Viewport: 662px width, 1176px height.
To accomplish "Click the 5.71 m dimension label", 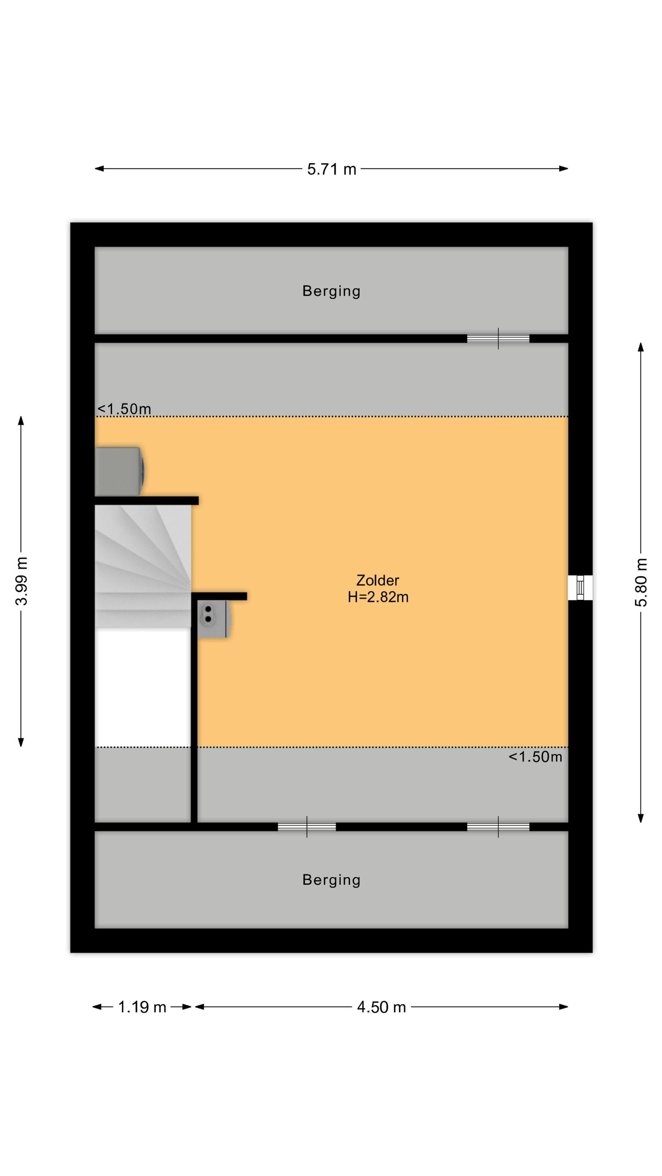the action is pyautogui.click(x=331, y=169).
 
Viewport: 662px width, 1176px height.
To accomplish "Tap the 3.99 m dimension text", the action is pyautogui.click(x=22, y=581).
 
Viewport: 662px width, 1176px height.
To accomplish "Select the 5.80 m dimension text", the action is pyautogui.click(x=641, y=582).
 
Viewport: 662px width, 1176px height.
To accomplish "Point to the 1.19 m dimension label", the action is pyautogui.click(x=142, y=1007).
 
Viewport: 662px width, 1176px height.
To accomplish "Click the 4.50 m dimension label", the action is pyautogui.click(x=382, y=1007).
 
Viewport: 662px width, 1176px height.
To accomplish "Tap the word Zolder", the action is pyautogui.click(x=378, y=580).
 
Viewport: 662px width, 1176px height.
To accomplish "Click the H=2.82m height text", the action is pyautogui.click(x=378, y=597).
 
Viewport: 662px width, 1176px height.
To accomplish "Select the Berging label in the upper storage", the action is pyautogui.click(x=331, y=291).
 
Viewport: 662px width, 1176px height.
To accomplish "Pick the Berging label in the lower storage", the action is pyautogui.click(x=331, y=880).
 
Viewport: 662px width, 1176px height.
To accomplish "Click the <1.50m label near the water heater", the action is pyautogui.click(x=124, y=408).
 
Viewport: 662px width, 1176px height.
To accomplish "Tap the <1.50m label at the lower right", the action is pyautogui.click(x=535, y=757).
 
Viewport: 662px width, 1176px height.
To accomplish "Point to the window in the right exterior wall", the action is pyautogui.click(x=580, y=588).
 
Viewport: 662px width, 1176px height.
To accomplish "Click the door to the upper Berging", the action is pyautogui.click(x=498, y=339).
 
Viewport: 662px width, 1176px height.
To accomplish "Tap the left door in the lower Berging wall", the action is pyautogui.click(x=307, y=827).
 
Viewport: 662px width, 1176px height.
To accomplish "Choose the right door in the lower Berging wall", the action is pyautogui.click(x=498, y=827).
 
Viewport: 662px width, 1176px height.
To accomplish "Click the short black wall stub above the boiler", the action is pyautogui.click(x=219, y=596).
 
